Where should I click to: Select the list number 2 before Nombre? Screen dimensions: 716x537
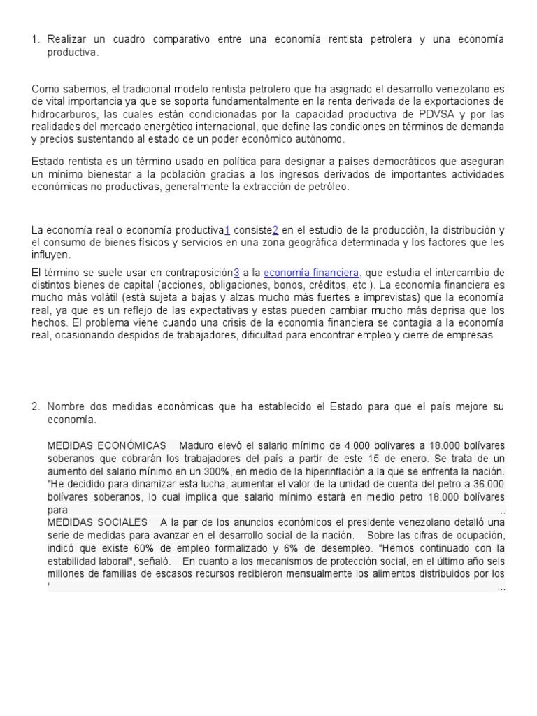[35, 406]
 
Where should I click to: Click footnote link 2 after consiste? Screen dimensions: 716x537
[275, 230]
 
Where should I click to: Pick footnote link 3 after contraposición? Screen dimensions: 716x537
[236, 273]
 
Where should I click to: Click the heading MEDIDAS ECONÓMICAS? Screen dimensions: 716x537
[106, 445]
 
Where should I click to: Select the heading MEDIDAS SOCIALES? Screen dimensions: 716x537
[96, 522]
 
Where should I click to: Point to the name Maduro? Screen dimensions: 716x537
[197, 445]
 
